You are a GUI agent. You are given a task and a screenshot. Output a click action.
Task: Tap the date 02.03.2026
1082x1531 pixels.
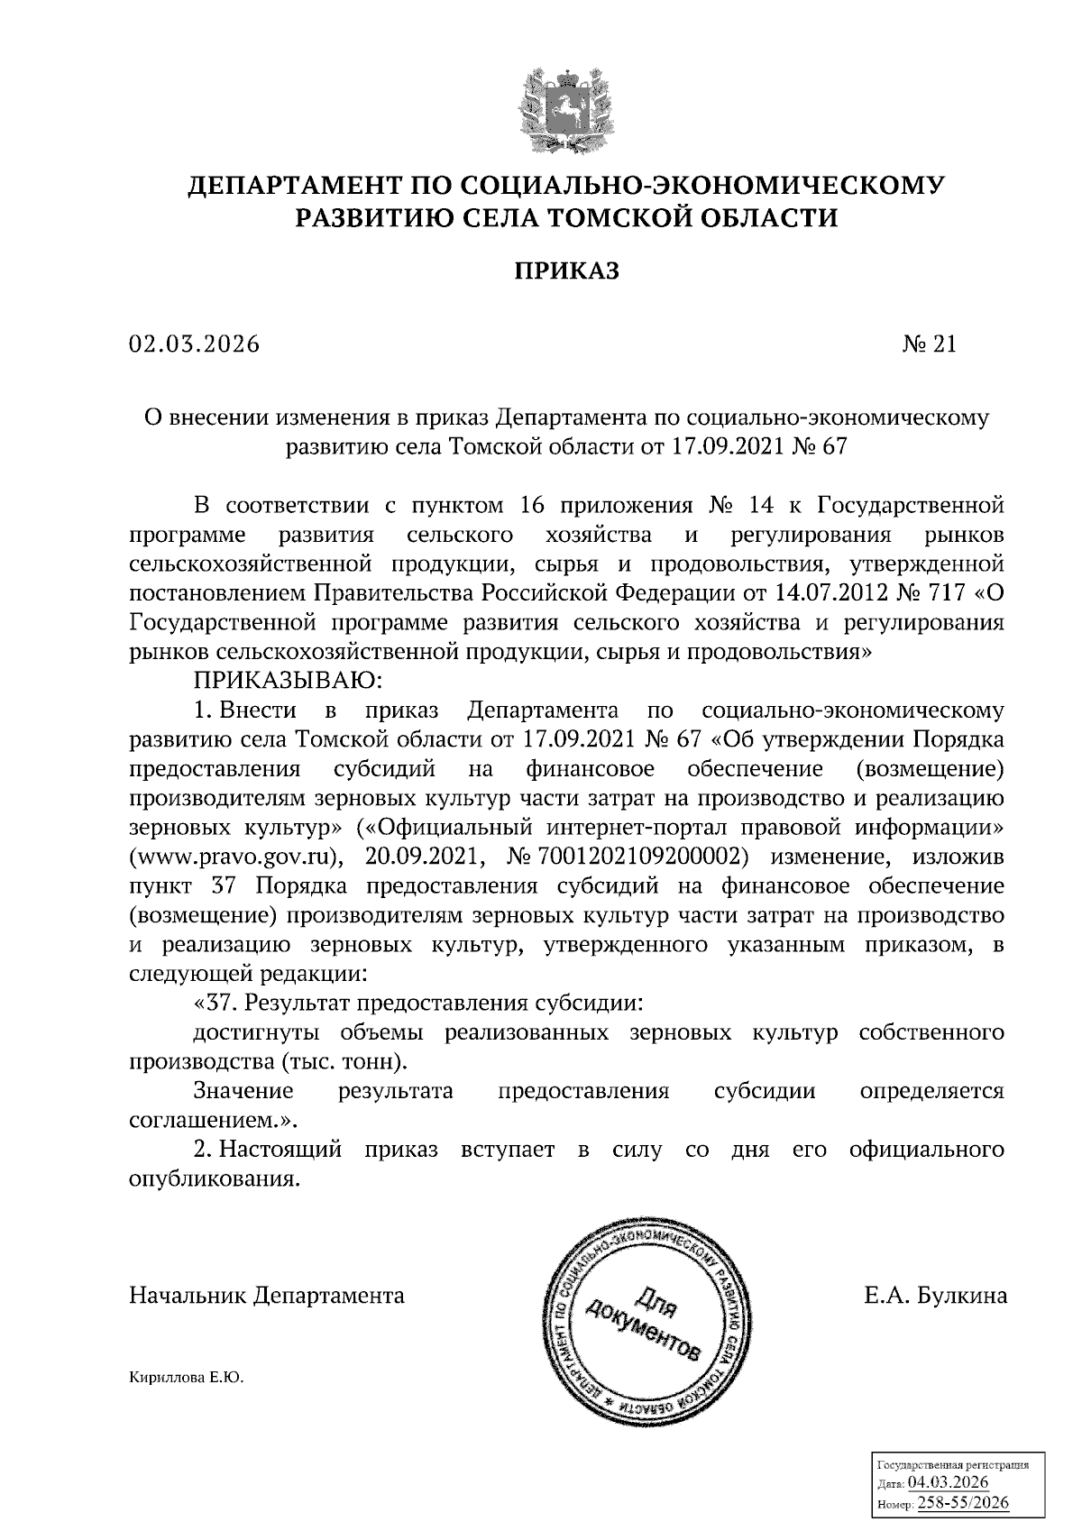[194, 344]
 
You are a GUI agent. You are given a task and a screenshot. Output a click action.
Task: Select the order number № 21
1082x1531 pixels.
[928, 344]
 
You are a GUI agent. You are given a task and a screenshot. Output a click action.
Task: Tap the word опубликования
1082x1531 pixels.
[213, 1179]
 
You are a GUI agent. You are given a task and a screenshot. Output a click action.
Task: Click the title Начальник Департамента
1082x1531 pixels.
[267, 1297]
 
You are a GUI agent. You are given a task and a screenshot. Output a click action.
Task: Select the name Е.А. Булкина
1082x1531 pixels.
[935, 1297]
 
